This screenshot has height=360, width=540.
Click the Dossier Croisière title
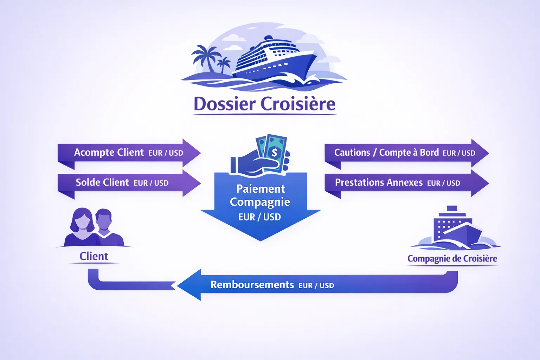coord(264,104)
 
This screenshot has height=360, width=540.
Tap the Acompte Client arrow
coord(128,153)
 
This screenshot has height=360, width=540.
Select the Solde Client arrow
coord(128,183)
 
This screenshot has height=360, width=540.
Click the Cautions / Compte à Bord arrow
coord(404,153)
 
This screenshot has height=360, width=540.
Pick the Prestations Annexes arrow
coord(404,183)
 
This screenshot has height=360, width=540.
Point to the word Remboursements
coord(252,285)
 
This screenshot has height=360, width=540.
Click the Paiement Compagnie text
coord(260,195)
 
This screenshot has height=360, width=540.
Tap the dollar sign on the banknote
coord(275,153)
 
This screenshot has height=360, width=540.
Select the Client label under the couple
coord(94,256)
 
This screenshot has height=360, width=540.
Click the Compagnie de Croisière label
coord(452,259)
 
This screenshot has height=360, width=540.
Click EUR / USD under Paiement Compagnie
coord(259,217)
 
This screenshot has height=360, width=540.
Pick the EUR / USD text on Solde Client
coord(151,183)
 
